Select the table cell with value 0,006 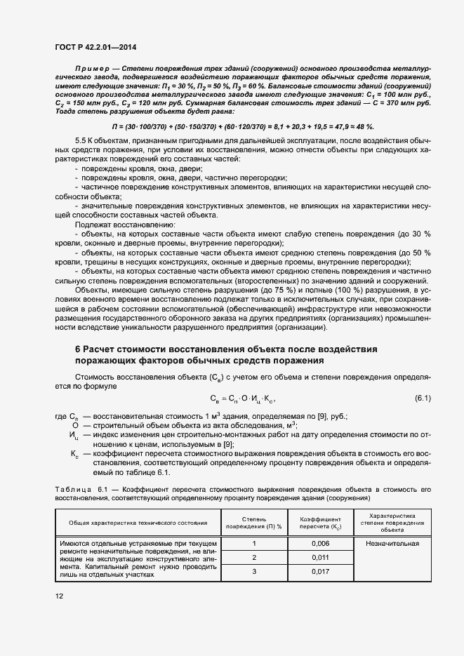pyautogui.click(x=319, y=544)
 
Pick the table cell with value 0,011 pyautogui.click(x=319, y=557)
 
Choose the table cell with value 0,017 pyautogui.click(x=319, y=571)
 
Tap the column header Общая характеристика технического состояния pyautogui.click(x=138, y=523)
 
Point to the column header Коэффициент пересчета pyautogui.click(x=319, y=523)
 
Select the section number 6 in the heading pyautogui.click(x=78, y=349)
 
